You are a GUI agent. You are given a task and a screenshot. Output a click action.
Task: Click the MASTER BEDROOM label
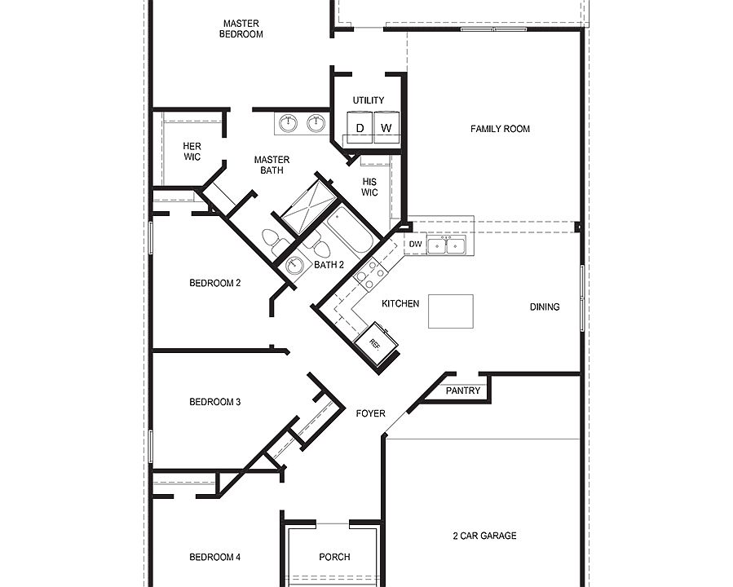coord(241,29)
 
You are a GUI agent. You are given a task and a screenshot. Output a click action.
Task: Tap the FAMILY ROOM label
coord(500,129)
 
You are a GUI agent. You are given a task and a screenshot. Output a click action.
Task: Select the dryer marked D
coord(360,128)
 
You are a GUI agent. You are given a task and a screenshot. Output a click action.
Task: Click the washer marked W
coord(386,128)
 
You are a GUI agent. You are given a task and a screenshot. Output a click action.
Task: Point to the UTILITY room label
coord(369,100)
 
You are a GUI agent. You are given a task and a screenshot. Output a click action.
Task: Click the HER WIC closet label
coord(192,152)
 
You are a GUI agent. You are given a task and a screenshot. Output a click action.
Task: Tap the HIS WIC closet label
coord(369,187)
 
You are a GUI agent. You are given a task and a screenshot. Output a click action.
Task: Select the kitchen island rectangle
coord(450,311)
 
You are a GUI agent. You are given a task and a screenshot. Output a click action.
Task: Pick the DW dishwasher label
coord(415,245)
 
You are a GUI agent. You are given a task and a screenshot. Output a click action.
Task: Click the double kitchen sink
coord(447,245)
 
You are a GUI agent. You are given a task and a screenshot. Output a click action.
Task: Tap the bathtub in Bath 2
coord(350,232)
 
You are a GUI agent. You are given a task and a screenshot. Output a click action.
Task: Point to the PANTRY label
coord(465,391)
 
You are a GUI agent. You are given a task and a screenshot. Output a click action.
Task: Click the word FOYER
coord(370,413)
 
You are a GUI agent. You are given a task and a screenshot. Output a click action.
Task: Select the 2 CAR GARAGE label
coord(484,536)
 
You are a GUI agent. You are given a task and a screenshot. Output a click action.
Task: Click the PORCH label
coord(334,557)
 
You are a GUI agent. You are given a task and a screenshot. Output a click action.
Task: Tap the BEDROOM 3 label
coord(214,402)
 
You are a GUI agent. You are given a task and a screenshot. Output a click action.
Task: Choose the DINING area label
coord(545,307)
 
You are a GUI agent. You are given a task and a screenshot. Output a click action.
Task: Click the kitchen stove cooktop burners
coord(369,275)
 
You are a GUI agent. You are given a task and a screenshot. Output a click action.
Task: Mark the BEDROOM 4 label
coord(214,558)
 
